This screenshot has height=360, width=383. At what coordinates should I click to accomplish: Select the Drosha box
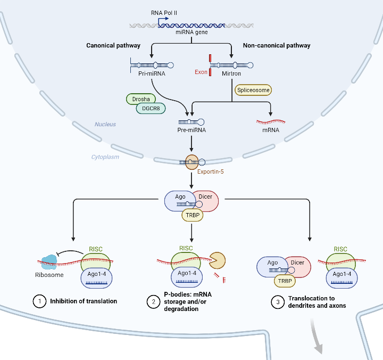(x=141, y=99)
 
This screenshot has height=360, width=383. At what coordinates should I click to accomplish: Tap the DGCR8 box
(x=151, y=108)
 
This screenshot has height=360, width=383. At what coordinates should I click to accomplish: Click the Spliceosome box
(x=253, y=91)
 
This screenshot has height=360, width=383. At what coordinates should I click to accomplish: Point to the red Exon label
(x=201, y=72)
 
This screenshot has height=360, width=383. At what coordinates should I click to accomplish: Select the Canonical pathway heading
(x=113, y=46)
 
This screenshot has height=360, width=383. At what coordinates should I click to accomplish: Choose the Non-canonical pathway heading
(x=276, y=46)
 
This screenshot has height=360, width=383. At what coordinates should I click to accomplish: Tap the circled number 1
(x=39, y=301)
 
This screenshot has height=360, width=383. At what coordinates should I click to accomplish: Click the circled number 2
(x=153, y=301)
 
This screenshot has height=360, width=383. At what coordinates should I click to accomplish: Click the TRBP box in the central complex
(x=191, y=215)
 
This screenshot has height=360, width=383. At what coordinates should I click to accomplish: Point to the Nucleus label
(x=105, y=124)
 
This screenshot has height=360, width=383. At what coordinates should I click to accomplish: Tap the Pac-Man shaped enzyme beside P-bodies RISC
(x=217, y=261)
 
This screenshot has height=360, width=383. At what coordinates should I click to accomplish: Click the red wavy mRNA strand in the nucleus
(x=271, y=121)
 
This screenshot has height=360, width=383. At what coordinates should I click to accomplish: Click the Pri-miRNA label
(x=152, y=74)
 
